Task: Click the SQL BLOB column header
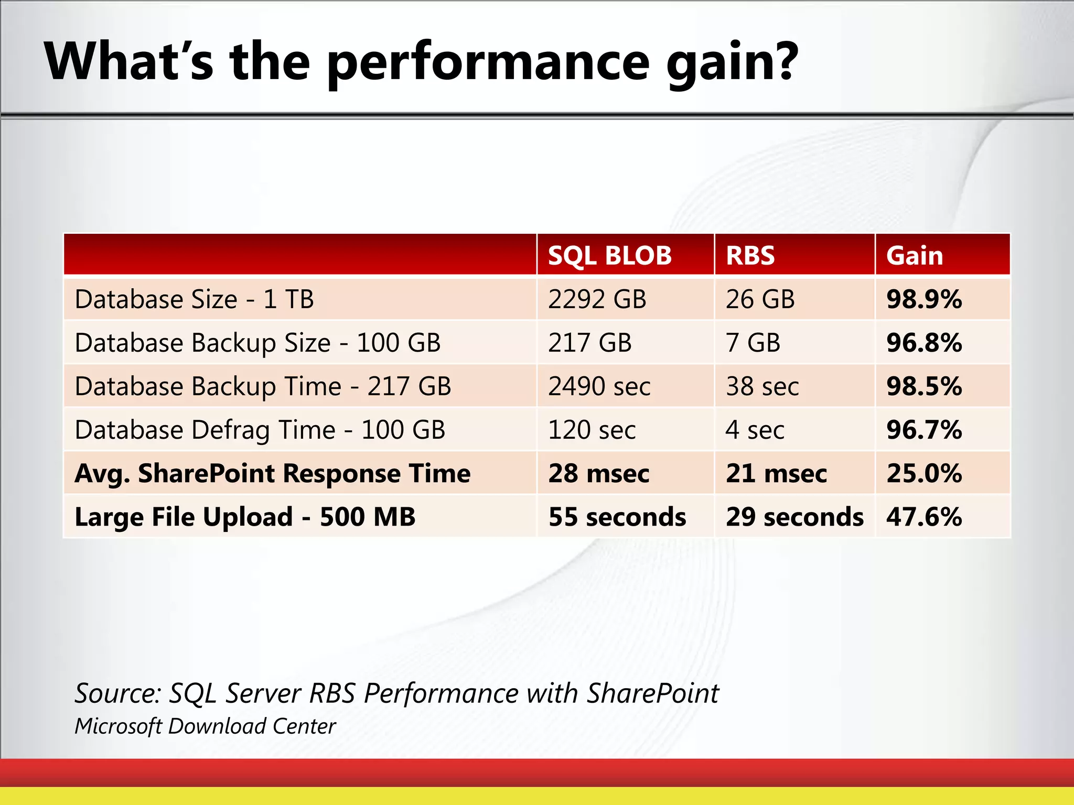tap(609, 256)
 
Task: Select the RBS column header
tap(750, 256)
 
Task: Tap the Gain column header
tap(915, 256)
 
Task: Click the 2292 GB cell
tap(597, 300)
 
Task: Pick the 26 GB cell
tap(760, 300)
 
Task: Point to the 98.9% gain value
tap(924, 300)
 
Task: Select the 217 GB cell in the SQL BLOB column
tap(589, 343)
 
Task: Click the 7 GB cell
tap(753, 343)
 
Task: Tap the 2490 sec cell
tap(599, 387)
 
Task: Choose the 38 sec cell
tap(762, 387)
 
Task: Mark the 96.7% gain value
tap(924, 430)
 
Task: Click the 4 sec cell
tap(755, 430)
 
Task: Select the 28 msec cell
tap(598, 474)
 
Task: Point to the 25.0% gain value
tap(924, 474)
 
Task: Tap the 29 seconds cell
tap(794, 517)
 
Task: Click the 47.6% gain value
tap(924, 517)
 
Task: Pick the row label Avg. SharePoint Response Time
tap(272, 474)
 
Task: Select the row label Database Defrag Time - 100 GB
tap(260, 430)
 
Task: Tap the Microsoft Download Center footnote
tap(205, 726)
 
